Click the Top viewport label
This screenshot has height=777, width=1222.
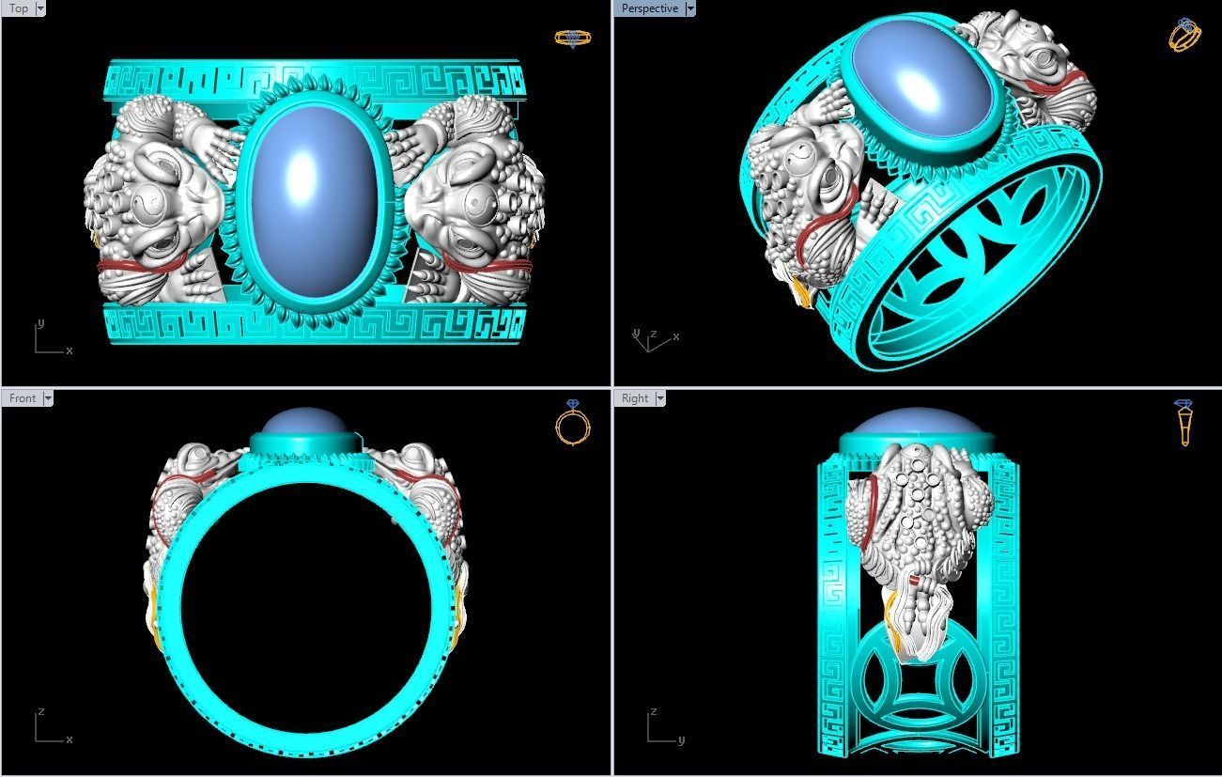(18, 8)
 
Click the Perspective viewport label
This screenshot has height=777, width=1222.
(649, 8)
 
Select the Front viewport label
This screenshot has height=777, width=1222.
(22, 398)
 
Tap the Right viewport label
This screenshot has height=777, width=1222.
(635, 398)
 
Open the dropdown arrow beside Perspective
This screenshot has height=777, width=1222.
(690, 8)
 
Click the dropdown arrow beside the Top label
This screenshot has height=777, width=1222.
(40, 8)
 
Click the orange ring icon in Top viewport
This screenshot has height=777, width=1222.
(572, 38)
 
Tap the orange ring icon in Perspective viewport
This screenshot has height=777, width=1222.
(1183, 35)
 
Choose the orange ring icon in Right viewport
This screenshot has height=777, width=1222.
(1184, 423)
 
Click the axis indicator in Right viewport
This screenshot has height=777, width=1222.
(661, 728)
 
